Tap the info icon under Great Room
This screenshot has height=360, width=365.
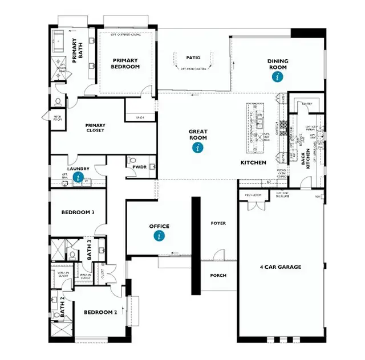(x=198, y=148)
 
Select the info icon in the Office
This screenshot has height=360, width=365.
(x=159, y=235)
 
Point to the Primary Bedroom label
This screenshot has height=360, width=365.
(x=126, y=63)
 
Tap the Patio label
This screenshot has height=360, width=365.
(x=193, y=58)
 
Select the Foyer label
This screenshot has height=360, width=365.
(x=218, y=223)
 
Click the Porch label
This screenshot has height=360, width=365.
(x=218, y=275)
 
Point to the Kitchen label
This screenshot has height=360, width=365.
(x=253, y=163)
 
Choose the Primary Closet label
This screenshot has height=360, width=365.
(x=95, y=129)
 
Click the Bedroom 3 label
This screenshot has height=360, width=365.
(x=78, y=212)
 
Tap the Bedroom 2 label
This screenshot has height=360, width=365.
(x=100, y=312)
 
